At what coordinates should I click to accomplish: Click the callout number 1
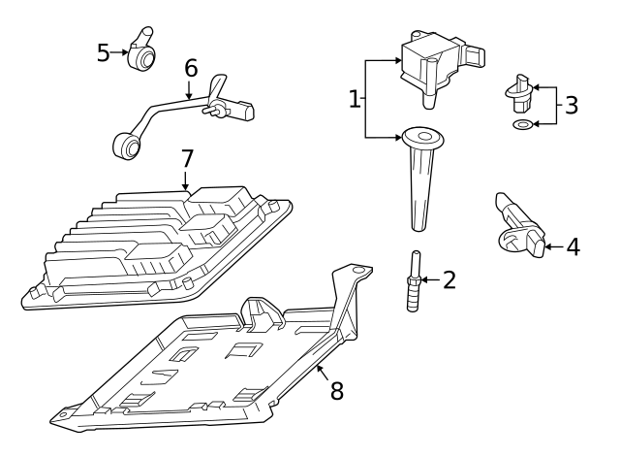click(x=355, y=98)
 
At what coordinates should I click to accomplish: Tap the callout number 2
click(x=448, y=280)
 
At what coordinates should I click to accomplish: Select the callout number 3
click(x=572, y=105)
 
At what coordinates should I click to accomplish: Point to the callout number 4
click(x=573, y=247)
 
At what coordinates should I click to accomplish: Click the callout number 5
click(x=104, y=52)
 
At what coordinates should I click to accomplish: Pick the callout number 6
click(x=191, y=68)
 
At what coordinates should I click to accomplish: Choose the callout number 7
click(x=187, y=156)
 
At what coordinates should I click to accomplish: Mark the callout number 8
click(x=336, y=390)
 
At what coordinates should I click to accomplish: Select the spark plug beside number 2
click(x=413, y=281)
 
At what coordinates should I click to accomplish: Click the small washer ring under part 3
click(x=523, y=125)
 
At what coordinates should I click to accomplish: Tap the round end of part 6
click(x=125, y=147)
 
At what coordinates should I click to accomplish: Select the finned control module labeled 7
click(x=155, y=243)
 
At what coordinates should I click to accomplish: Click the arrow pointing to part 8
click(x=321, y=370)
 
